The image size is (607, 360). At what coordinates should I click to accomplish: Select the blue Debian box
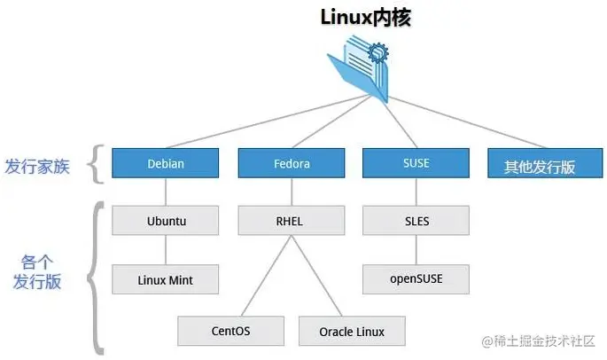click(x=166, y=164)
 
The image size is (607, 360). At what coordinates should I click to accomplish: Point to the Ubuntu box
click(x=166, y=221)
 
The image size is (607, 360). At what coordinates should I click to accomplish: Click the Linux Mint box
click(x=166, y=279)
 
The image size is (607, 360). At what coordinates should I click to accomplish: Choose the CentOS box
click(x=230, y=331)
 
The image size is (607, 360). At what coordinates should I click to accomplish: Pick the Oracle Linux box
click(x=352, y=331)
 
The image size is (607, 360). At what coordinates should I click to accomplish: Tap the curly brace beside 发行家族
click(x=97, y=164)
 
